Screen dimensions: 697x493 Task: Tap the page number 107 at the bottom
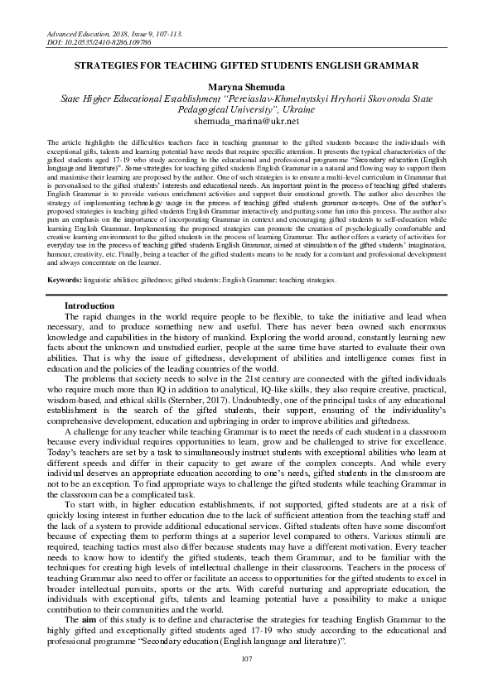coord(246,658)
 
